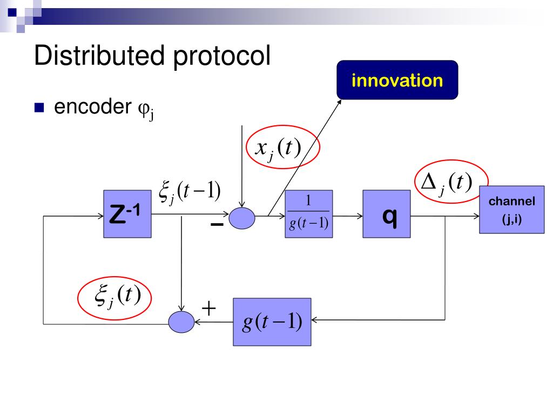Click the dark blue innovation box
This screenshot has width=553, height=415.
click(x=397, y=80)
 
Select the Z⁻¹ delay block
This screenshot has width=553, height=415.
click(x=127, y=214)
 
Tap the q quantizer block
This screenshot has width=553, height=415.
click(x=387, y=214)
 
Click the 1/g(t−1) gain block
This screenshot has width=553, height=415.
click(x=308, y=214)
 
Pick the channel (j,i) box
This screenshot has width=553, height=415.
click(x=511, y=210)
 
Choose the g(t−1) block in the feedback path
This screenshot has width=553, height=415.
click(x=272, y=322)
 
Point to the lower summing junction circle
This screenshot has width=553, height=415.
click(x=181, y=322)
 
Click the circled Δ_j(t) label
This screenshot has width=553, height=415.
click(x=451, y=183)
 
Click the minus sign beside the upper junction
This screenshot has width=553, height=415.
click(x=217, y=225)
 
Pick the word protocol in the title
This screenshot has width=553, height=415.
click(x=221, y=57)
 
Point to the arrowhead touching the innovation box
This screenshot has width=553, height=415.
click(x=340, y=101)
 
